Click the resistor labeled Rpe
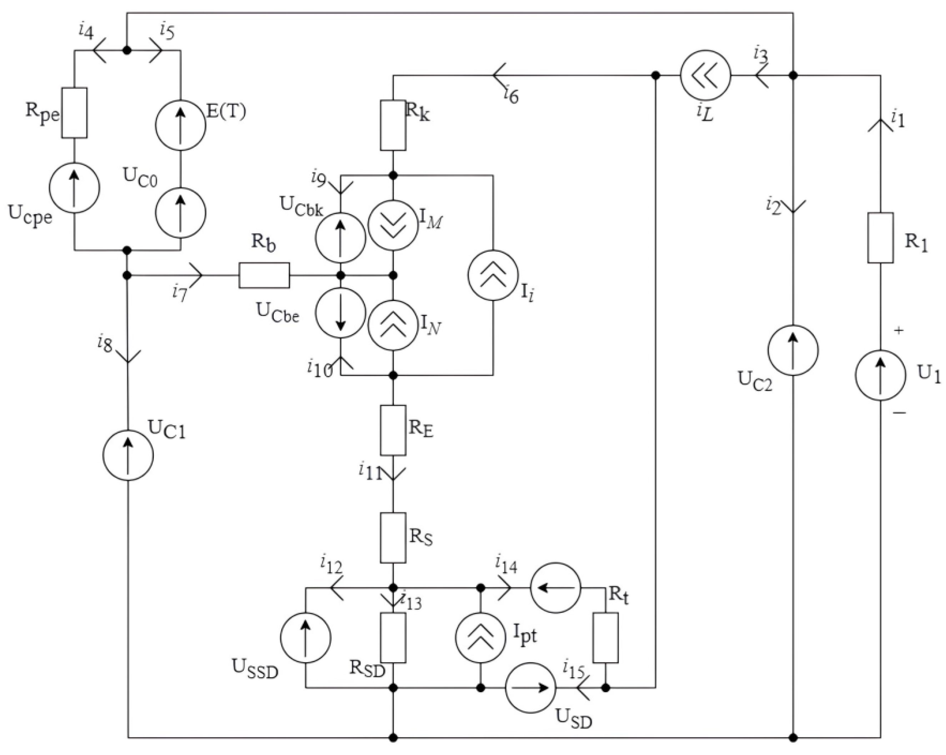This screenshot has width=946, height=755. (x=74, y=113)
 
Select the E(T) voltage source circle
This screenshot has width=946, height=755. (x=180, y=125)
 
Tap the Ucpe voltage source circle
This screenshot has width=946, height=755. (x=74, y=188)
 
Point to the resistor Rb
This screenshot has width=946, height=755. (x=264, y=276)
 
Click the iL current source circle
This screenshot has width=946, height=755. (x=705, y=75)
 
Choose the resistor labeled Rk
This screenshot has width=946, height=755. (x=393, y=125)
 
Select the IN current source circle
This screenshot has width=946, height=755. (x=393, y=326)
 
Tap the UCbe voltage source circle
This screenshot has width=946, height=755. (x=340, y=313)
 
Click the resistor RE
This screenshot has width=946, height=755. (x=393, y=431)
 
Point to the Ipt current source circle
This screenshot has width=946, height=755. (x=480, y=638)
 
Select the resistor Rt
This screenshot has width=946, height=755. (x=605, y=638)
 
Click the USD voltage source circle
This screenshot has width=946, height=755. (x=530, y=688)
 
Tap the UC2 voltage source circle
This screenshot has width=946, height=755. (x=793, y=351)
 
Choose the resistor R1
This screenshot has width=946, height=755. (x=880, y=238)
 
